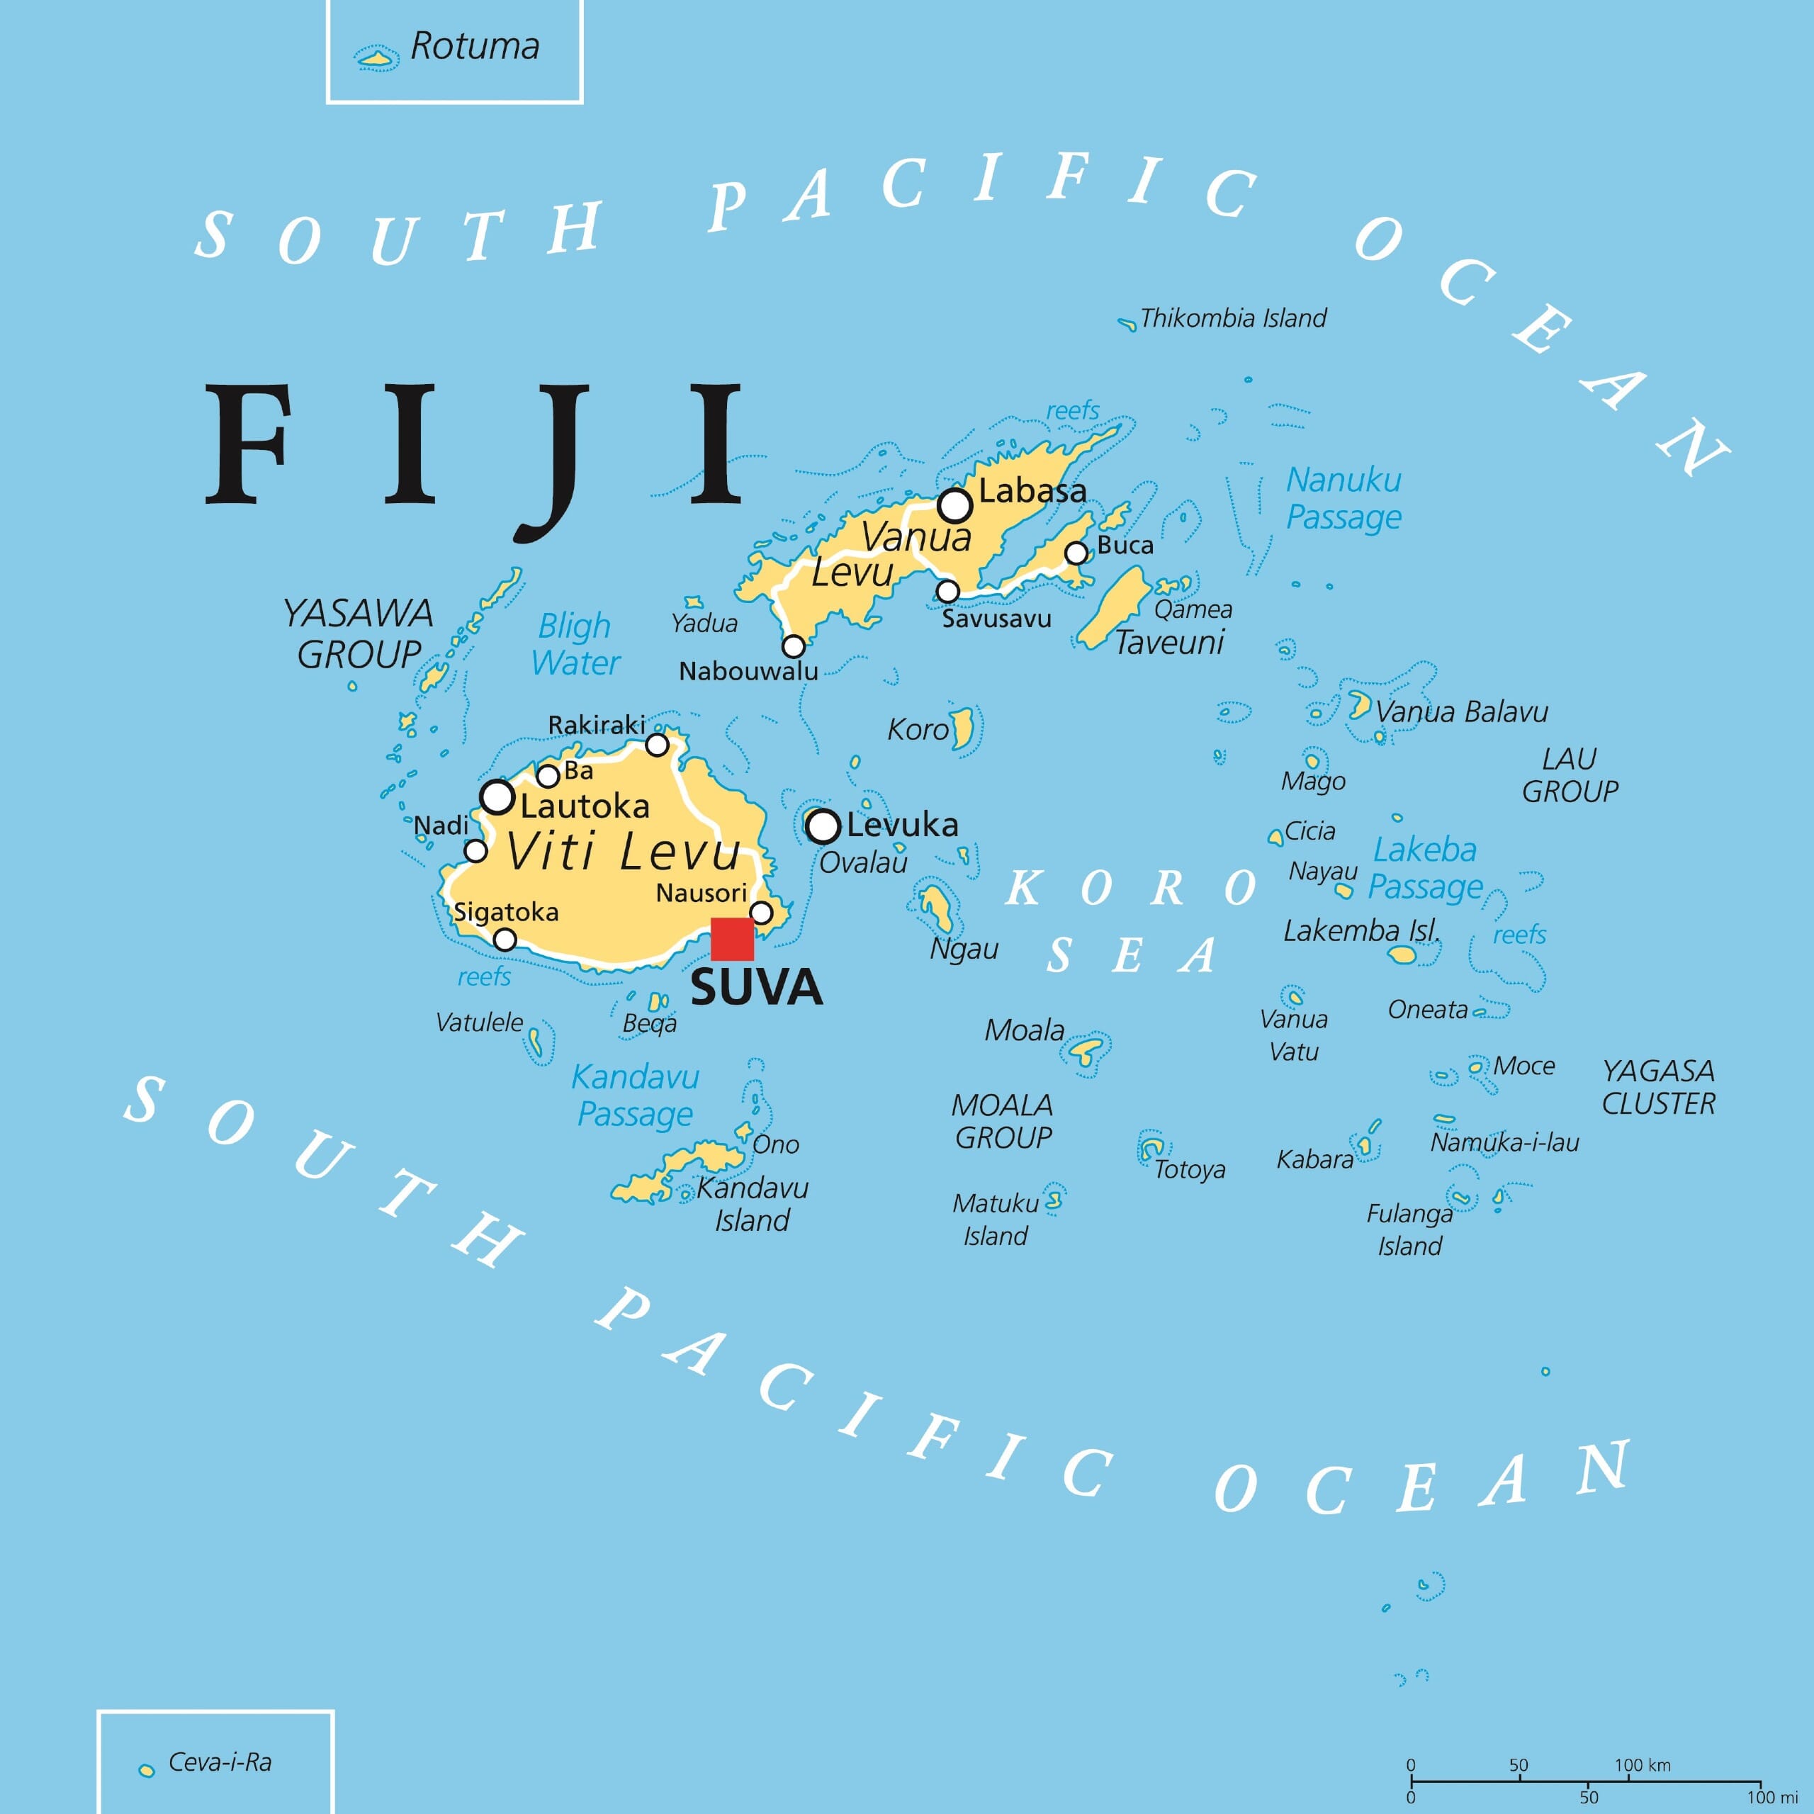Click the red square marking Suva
(731, 939)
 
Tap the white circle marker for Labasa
(955, 505)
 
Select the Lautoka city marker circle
(497, 796)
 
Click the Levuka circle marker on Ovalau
(823, 826)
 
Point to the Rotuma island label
(475, 46)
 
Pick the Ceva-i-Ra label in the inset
(220, 1762)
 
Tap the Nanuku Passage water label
(1343, 497)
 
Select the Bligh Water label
(575, 644)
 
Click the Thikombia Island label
(1233, 318)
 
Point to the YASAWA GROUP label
(358, 633)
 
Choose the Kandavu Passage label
(636, 1095)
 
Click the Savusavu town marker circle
(947, 590)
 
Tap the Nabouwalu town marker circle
(794, 646)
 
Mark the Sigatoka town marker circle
(505, 939)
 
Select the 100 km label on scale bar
(1643, 1765)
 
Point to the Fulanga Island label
(1409, 1229)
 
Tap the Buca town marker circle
(1076, 553)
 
